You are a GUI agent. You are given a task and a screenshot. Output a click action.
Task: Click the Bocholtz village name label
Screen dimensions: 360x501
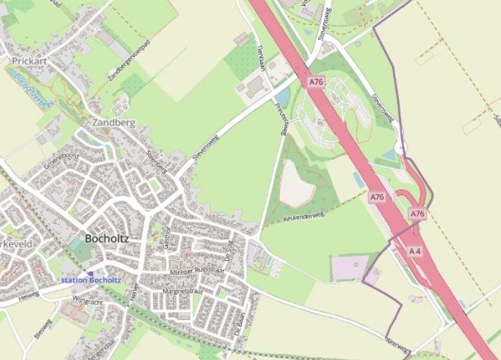[106, 238]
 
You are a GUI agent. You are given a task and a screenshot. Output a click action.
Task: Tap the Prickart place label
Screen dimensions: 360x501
[30, 61]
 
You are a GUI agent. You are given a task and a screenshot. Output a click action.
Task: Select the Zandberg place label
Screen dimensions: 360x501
[114, 123]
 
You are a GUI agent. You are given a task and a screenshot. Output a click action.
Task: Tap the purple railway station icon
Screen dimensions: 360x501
[90, 272]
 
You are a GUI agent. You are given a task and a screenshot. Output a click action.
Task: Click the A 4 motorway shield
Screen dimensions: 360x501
[415, 251]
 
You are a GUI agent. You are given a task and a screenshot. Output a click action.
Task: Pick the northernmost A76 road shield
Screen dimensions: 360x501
[317, 82]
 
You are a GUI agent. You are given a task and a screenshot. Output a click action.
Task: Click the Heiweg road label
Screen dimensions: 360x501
[29, 294]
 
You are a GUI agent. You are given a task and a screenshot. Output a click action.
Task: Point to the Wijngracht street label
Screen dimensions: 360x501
[88, 303]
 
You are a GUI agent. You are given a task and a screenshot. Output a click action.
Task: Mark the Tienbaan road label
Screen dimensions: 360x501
[261, 56]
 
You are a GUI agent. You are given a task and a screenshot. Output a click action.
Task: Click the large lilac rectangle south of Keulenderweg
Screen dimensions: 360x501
[350, 268]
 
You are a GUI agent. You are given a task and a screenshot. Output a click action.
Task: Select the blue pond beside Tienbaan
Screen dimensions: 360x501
[282, 98]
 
